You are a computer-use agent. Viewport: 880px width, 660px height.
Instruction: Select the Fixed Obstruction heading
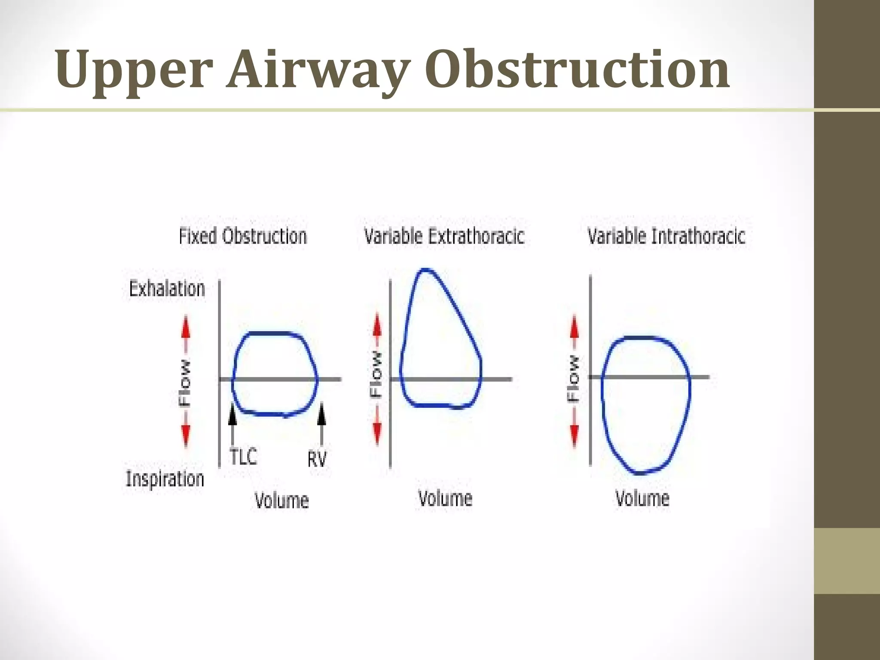(x=243, y=236)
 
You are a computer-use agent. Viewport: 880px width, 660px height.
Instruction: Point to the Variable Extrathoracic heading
(x=444, y=236)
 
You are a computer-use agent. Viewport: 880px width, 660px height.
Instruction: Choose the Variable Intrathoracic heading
(x=666, y=236)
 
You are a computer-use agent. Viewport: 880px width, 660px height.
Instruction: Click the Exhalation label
(x=167, y=289)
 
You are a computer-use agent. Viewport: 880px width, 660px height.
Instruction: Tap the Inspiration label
(x=165, y=479)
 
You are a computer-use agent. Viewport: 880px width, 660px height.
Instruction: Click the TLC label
(x=243, y=457)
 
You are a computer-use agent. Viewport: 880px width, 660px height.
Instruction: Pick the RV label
(x=317, y=459)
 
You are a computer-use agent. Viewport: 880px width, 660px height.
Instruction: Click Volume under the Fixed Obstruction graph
(x=282, y=501)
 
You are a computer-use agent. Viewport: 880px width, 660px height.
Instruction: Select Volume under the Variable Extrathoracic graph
(x=445, y=498)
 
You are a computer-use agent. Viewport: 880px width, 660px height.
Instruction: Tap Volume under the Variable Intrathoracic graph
(x=642, y=498)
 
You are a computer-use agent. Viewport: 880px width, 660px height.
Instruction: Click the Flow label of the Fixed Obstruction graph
(x=185, y=382)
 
